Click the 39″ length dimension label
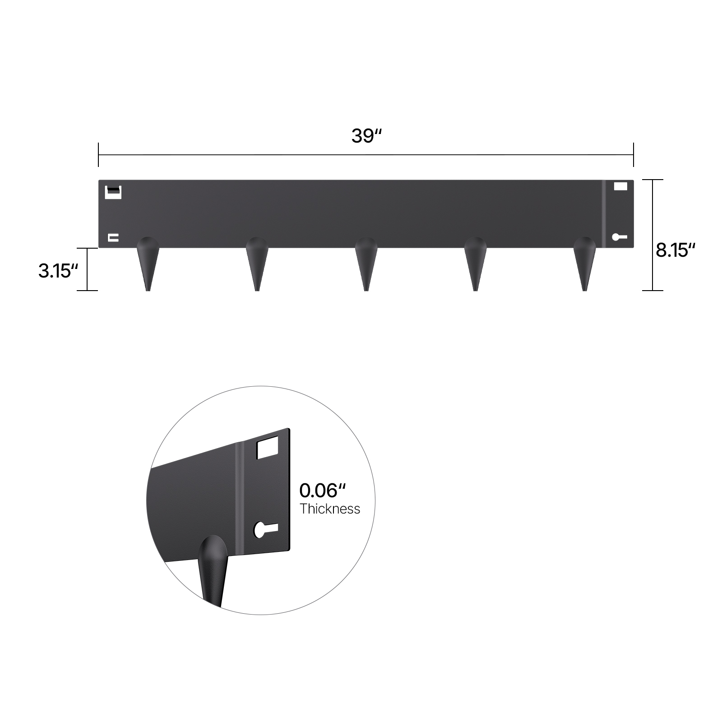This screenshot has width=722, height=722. (x=366, y=135)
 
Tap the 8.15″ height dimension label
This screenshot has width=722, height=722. (x=675, y=250)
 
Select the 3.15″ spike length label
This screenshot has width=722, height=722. (x=58, y=271)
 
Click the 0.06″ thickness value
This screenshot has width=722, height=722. (x=322, y=491)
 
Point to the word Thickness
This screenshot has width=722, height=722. (x=330, y=509)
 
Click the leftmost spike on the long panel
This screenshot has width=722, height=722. (x=148, y=264)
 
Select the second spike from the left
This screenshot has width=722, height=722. (x=257, y=264)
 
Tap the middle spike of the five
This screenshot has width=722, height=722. (x=366, y=264)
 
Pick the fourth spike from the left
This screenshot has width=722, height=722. (x=475, y=264)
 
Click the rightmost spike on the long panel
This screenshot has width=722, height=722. (x=584, y=264)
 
